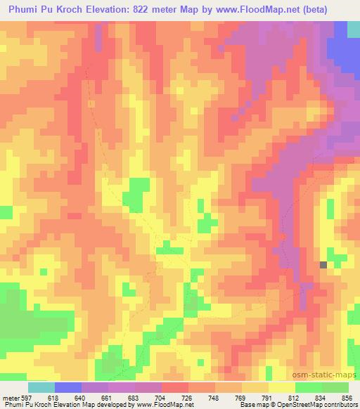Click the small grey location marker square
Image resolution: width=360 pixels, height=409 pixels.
[x=323, y=265]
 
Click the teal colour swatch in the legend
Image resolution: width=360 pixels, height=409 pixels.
[x=41, y=387]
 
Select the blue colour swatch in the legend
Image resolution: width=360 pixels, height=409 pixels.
[x=68, y=387]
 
